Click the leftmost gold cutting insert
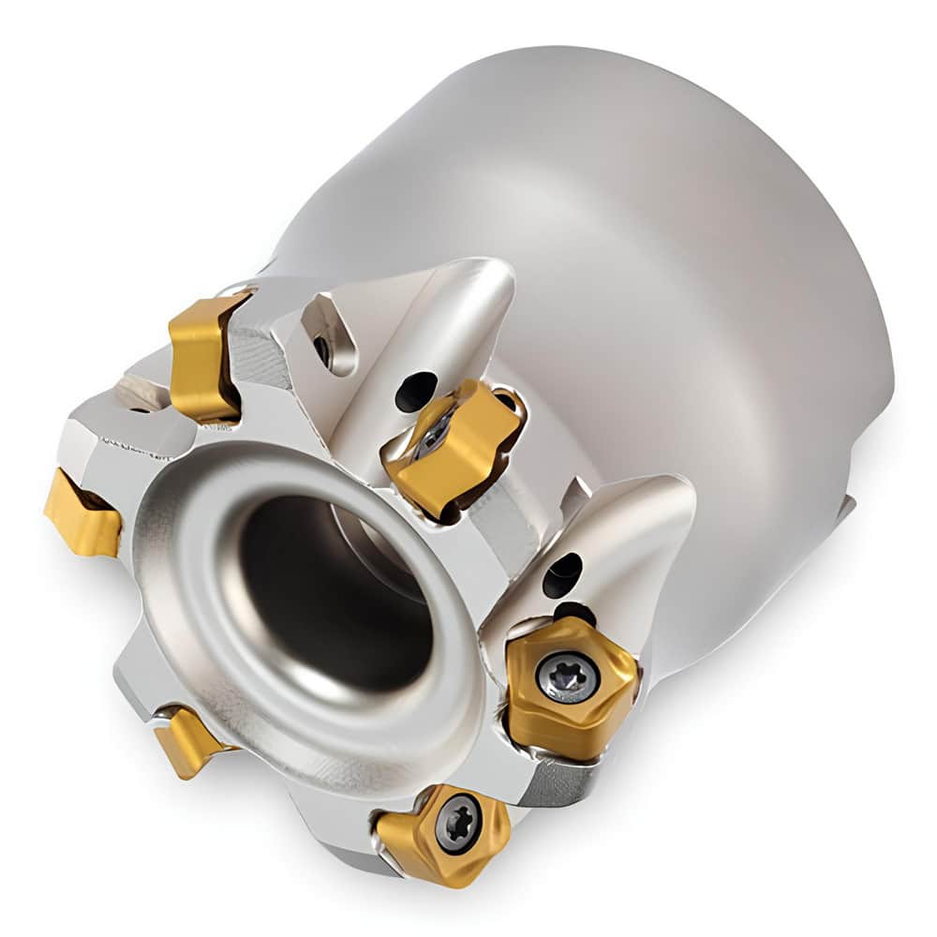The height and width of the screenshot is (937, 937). [x=82, y=513]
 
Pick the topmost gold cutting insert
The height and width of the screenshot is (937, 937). [x=204, y=354]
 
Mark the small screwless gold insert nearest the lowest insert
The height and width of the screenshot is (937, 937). [x=187, y=740]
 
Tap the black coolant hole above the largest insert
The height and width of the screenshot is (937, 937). [x=563, y=573]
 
